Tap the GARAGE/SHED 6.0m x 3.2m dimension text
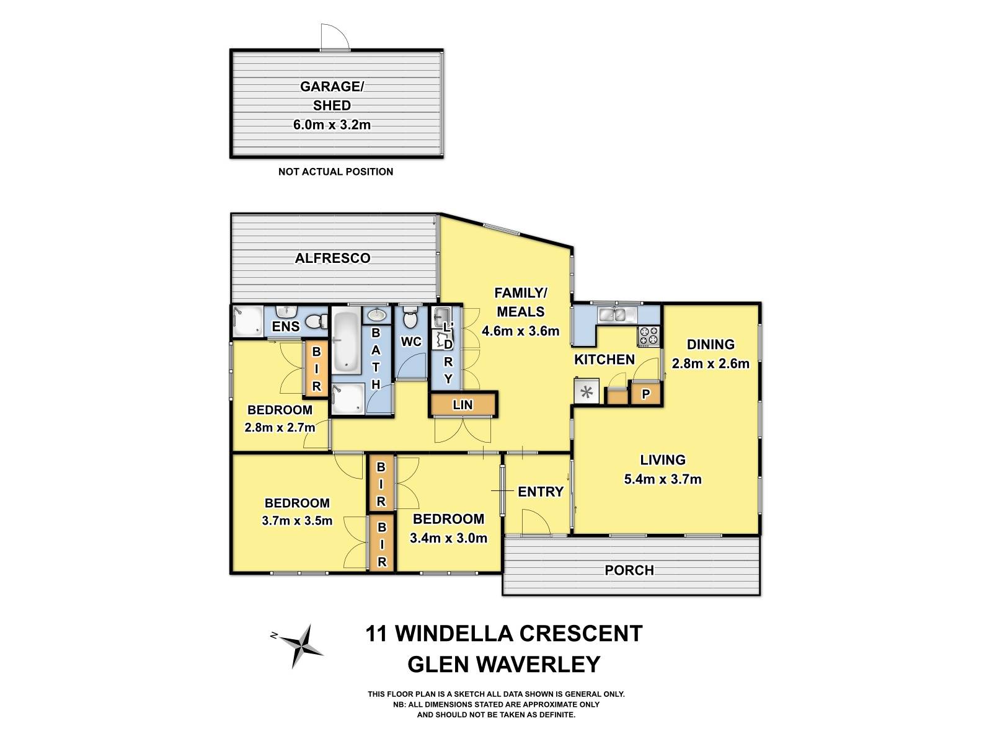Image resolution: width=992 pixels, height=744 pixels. click(x=332, y=125)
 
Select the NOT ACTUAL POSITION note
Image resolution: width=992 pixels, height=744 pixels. click(x=335, y=172)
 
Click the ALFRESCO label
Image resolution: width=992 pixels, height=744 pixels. click(x=332, y=258)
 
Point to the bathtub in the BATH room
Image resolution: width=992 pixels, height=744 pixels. click(x=346, y=342)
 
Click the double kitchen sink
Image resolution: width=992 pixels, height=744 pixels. click(x=612, y=315)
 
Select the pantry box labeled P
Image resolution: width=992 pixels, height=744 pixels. click(x=645, y=394)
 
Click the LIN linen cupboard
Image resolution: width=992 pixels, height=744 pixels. click(x=463, y=405)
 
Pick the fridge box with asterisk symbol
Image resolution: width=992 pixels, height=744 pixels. click(x=587, y=392)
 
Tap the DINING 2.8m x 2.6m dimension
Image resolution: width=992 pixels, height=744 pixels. click(x=711, y=363)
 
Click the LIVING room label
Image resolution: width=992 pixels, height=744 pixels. click(x=663, y=460)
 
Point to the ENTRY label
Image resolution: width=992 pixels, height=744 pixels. click(x=541, y=492)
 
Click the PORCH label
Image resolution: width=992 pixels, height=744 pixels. click(x=629, y=570)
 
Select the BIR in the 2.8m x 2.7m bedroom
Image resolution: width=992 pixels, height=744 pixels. click(x=316, y=370)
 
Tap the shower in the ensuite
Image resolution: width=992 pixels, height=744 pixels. click(x=247, y=322)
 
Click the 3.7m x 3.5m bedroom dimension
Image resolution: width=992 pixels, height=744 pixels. click(x=297, y=521)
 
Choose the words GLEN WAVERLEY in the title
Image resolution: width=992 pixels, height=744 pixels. click(x=503, y=664)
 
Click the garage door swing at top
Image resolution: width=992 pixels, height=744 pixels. click(x=334, y=37)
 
